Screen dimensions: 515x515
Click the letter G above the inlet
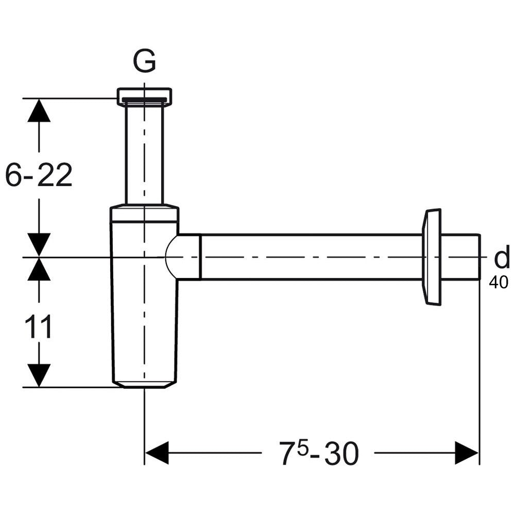coord(144,63)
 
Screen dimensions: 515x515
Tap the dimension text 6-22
coord(39,176)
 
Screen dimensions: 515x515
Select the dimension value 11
coord(39,328)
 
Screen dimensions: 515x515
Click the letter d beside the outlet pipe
coord(502,259)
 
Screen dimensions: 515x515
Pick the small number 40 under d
coord(499,282)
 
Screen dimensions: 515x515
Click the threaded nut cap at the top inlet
coord(144,96)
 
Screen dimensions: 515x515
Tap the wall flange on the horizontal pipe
coord(432,256)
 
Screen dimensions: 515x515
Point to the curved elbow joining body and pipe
coord(183,257)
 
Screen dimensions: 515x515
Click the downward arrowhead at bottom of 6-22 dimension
coord(39,245)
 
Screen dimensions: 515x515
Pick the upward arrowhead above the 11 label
coord(39,269)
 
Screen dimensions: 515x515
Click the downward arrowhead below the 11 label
coord(39,375)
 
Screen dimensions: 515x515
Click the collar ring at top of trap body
coord(144,214)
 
